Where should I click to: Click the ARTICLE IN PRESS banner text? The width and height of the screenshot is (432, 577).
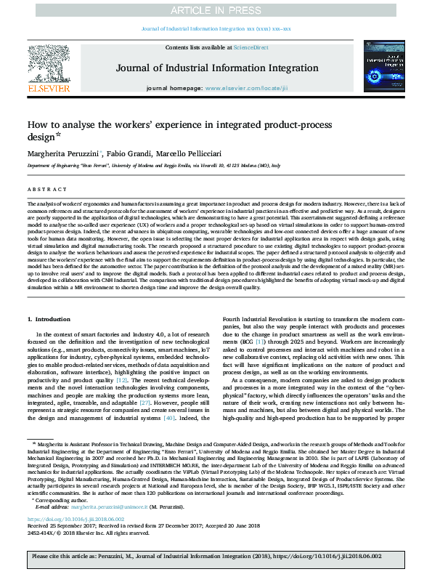pyautogui.click(x=216, y=10)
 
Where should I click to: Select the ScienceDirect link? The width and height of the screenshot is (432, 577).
pyautogui.click(x=250, y=47)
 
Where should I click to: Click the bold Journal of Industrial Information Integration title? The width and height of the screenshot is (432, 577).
pyautogui.click(x=216, y=70)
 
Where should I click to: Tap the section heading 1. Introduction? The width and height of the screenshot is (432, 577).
pyautogui.click(x=49, y=320)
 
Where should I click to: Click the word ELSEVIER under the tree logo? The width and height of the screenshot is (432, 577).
pyautogui.click(x=49, y=87)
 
